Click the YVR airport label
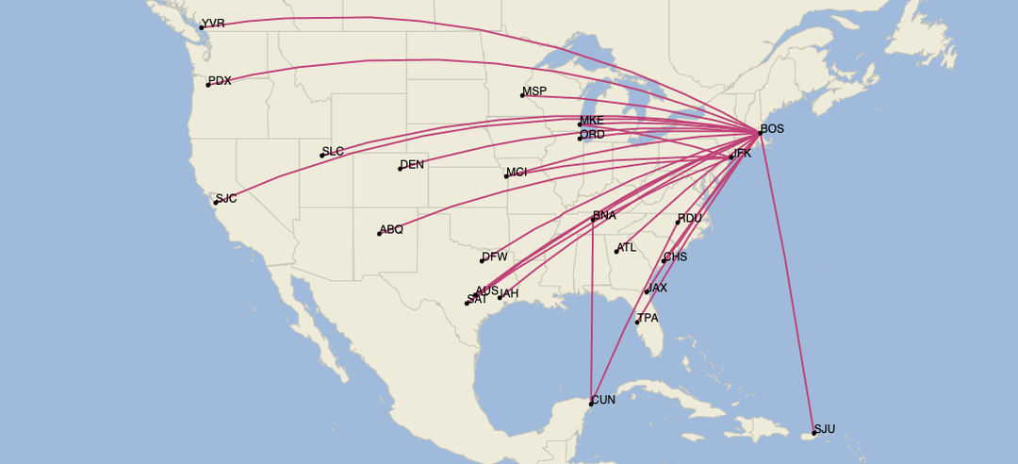(214, 24)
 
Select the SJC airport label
(226, 199)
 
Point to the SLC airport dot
(322, 156)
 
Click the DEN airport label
(412, 165)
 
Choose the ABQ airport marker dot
(380, 233)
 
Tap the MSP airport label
(534, 91)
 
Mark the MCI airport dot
(506, 176)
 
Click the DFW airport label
(495, 257)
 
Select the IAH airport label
(508, 294)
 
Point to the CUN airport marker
(591, 404)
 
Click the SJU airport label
(825, 429)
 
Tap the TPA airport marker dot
(637, 323)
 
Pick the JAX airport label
(656, 289)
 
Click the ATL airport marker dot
(616, 252)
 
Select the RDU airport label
(690, 219)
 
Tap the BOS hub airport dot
(760, 133)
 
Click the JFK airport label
(741, 153)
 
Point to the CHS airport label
(675, 257)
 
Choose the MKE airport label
(592, 121)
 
